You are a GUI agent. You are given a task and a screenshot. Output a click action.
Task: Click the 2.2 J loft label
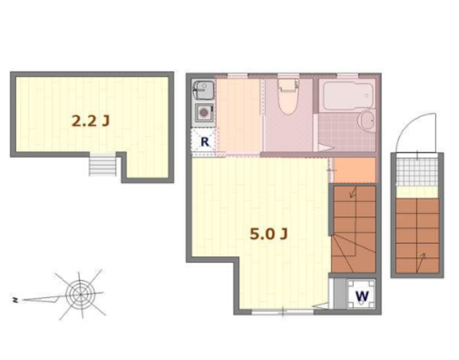91,121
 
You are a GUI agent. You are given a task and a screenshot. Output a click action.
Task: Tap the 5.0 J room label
268,234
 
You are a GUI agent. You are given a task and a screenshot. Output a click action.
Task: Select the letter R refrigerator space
205,142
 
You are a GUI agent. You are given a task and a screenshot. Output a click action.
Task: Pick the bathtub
346,95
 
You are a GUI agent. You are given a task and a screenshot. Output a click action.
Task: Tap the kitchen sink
203,89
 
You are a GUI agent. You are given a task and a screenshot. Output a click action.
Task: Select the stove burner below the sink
203,113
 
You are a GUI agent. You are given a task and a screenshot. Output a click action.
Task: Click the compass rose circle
80,293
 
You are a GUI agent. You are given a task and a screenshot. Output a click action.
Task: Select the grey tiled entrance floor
417,173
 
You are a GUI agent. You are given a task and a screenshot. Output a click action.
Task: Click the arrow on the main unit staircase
353,193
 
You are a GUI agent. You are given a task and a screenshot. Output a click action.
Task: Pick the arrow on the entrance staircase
421,262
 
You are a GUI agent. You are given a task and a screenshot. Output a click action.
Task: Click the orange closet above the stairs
355,170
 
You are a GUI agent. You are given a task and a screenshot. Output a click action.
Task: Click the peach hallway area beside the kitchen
238,116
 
